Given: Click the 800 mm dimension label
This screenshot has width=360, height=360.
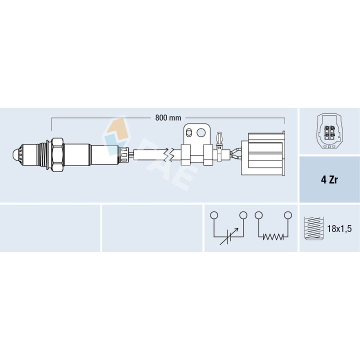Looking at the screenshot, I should pyautogui.click(x=168, y=118).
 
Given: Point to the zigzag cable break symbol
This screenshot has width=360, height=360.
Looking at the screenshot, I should pyautogui.click(x=171, y=154).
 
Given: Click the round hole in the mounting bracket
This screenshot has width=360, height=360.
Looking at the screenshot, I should pyautogui.click(x=201, y=132).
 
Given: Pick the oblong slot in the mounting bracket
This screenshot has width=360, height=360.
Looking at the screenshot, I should pyautogui.click(x=189, y=132).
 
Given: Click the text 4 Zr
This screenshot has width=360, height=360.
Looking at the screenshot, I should pyautogui.click(x=329, y=180).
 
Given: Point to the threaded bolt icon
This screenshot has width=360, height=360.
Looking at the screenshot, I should pyautogui.click(x=312, y=228).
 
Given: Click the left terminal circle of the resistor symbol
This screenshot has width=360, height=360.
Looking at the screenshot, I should pyautogui.click(x=258, y=215).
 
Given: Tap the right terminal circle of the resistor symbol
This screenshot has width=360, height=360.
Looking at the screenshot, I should pyautogui.click(x=288, y=215).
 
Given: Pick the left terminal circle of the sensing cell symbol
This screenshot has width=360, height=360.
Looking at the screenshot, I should pyautogui.click(x=214, y=215).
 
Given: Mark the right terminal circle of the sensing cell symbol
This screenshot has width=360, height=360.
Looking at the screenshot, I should pyautogui.click(x=243, y=215).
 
